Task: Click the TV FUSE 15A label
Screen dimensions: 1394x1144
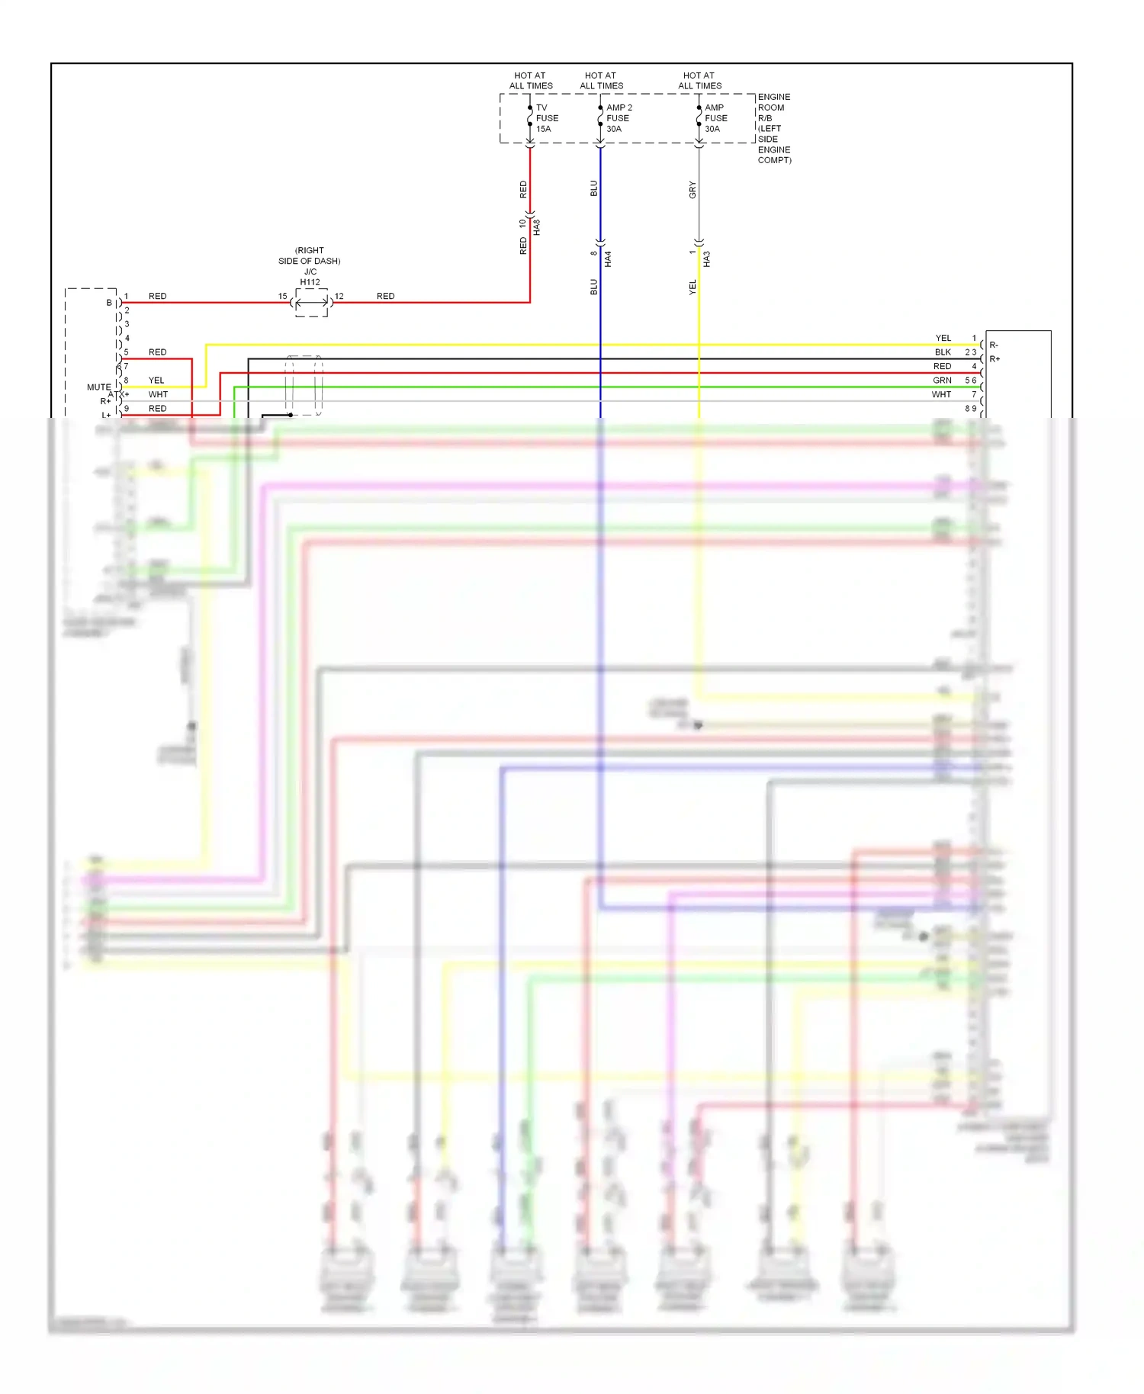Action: [x=546, y=118]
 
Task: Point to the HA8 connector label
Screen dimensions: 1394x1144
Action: [x=537, y=226]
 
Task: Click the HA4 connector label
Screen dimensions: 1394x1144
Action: [x=608, y=259]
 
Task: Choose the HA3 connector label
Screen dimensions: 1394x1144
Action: [x=707, y=259]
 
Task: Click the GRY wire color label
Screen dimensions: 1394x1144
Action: [x=693, y=190]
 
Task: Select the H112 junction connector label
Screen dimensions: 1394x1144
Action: [x=310, y=282]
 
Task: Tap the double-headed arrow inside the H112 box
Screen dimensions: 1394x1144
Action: [x=312, y=303]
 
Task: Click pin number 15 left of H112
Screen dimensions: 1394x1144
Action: [x=282, y=296]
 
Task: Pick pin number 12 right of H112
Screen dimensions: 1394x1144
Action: [x=339, y=296]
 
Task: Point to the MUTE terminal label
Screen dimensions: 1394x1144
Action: [x=98, y=387]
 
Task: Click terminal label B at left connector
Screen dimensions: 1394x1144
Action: [x=109, y=303]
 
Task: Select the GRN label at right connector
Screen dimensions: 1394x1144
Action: [x=942, y=381]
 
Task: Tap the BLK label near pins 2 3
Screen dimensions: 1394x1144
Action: [x=943, y=352]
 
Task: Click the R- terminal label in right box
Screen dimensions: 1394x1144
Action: [x=994, y=345]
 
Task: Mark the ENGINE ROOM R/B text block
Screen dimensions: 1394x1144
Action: [x=773, y=128]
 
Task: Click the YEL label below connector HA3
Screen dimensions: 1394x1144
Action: [x=693, y=287]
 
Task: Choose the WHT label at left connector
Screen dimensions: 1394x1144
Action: [x=158, y=394]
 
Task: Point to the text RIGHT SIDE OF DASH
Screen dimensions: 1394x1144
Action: [x=309, y=255]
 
